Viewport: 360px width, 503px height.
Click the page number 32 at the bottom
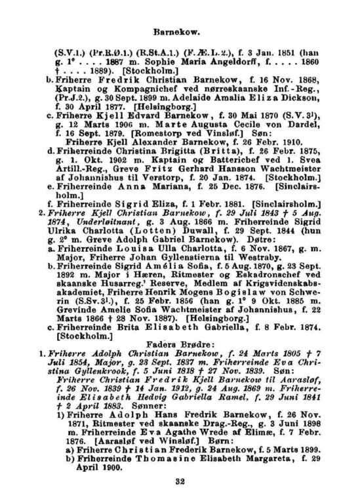182,483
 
